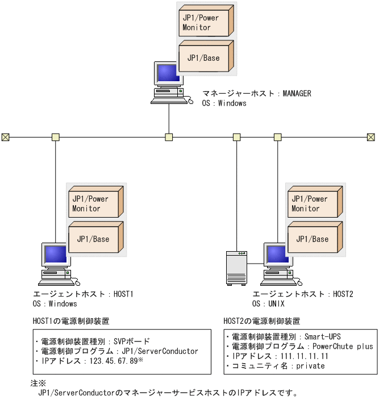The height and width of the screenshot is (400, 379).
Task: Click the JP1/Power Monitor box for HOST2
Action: tap(313, 203)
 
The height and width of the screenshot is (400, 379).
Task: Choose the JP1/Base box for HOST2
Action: tap(313, 239)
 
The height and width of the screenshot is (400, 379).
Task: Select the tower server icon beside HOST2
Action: tap(236, 266)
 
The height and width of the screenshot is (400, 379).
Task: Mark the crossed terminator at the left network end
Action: tap(5, 137)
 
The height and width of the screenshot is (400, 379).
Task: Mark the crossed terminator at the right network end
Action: tap(370, 137)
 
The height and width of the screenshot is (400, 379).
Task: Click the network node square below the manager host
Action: tap(169, 137)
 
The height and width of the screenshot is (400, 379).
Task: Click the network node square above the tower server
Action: tap(237, 137)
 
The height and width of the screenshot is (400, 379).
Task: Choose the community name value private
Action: tap(310, 366)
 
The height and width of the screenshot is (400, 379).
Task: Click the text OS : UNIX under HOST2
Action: tap(269, 304)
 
